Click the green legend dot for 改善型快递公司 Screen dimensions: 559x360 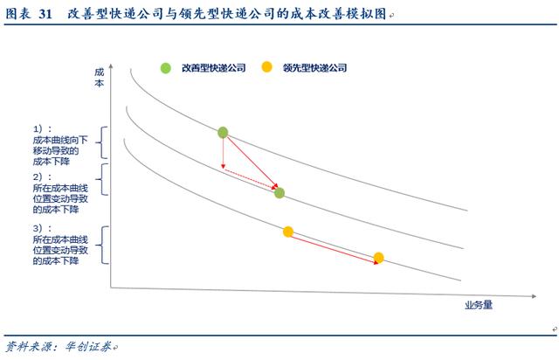coord(165,68)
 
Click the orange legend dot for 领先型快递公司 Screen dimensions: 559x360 coord(266,66)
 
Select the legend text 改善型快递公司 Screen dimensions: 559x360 coord(213,68)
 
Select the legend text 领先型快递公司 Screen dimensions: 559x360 coord(314,68)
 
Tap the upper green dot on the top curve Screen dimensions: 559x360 coord(223,132)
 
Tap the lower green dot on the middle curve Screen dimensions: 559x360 coord(279,193)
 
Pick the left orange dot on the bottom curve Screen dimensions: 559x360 coord(288,232)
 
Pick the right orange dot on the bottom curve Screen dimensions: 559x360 coord(378,258)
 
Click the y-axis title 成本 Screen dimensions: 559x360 coord(99,78)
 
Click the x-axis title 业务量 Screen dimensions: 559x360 coord(479,305)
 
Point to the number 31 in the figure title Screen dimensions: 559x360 coord(45,14)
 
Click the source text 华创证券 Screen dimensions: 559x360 coord(87,346)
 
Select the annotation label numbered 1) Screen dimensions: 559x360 coord(60,145)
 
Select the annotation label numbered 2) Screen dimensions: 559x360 coord(60,193)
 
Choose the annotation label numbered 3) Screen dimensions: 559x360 coord(60,245)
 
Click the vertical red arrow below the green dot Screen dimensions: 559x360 coord(224,154)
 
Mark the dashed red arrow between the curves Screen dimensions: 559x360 coord(251,178)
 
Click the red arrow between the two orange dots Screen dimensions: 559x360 coord(335,250)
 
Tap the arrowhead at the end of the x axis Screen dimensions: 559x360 coord(534,296)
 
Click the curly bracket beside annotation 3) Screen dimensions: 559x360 coord(104,246)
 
